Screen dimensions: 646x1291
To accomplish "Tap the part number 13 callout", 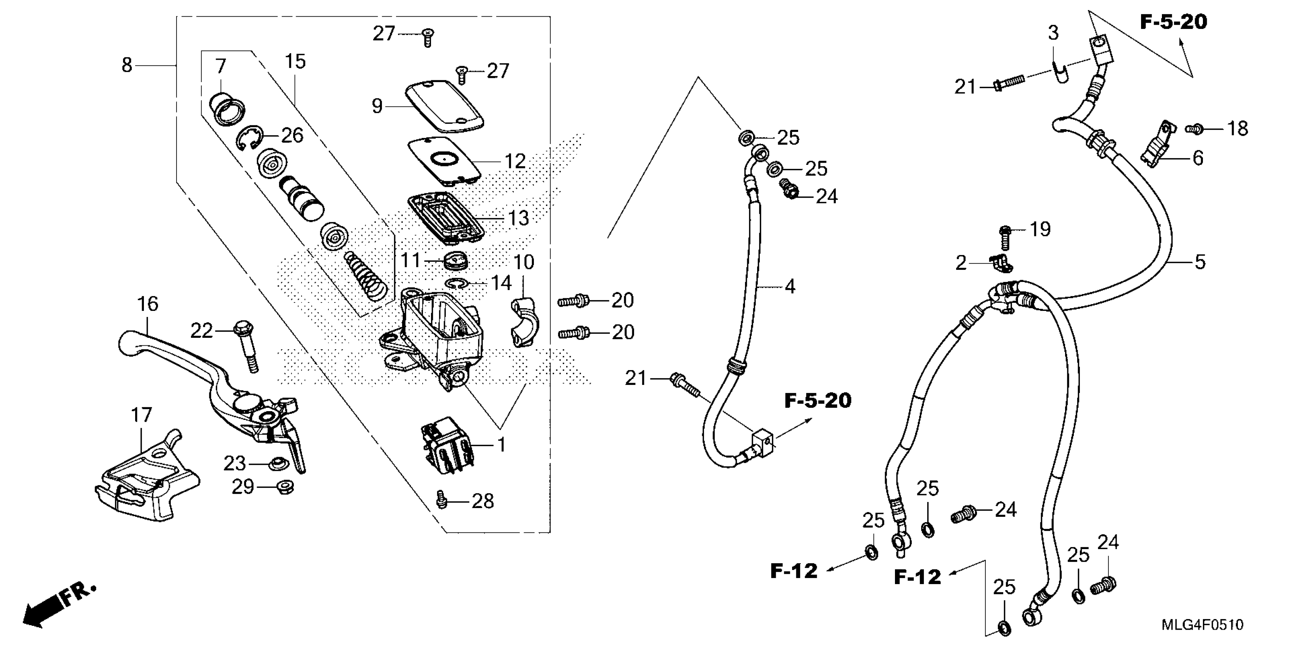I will pyautogui.click(x=518, y=218).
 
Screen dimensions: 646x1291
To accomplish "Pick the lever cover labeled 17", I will pyautogui.click(x=145, y=481).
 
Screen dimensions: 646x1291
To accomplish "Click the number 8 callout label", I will pyautogui.click(x=127, y=65).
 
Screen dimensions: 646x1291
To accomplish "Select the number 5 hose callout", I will pyautogui.click(x=1200, y=262).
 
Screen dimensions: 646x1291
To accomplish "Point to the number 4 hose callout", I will pyautogui.click(x=790, y=287).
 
